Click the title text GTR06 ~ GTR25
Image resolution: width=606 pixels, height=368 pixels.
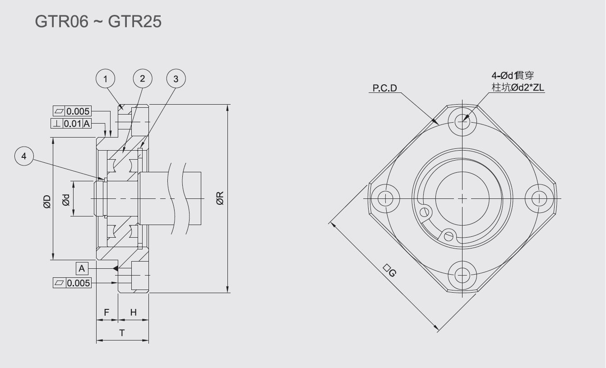[x=98, y=21]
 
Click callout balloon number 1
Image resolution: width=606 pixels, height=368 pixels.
[x=105, y=78]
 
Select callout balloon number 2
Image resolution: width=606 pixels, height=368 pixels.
[x=143, y=78]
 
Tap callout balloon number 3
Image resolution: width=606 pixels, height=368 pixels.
[x=176, y=78]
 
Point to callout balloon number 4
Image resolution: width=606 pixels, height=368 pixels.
[x=24, y=156]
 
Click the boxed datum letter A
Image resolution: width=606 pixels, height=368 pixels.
[x=82, y=268]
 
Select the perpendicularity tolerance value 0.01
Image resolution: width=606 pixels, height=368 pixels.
[x=73, y=124]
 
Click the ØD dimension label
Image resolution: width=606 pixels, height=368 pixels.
[x=47, y=202]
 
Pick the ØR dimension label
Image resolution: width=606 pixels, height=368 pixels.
[x=220, y=198]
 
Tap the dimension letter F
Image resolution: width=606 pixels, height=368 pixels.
[x=106, y=312]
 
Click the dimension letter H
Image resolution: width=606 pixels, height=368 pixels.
[x=134, y=312]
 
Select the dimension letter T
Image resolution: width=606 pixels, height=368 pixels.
[x=122, y=333]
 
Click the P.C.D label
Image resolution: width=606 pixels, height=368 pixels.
[x=385, y=88]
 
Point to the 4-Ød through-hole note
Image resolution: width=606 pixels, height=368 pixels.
[x=513, y=75]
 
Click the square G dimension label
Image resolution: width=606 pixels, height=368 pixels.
[x=390, y=271]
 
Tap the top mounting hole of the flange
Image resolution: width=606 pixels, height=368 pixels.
[x=462, y=121]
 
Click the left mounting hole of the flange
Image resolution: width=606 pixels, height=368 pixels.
[x=385, y=198]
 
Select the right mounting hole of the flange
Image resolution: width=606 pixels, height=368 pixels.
[x=539, y=198]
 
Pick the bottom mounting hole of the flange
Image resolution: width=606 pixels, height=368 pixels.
[x=462, y=275]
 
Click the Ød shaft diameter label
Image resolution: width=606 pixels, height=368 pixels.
[x=66, y=200]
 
